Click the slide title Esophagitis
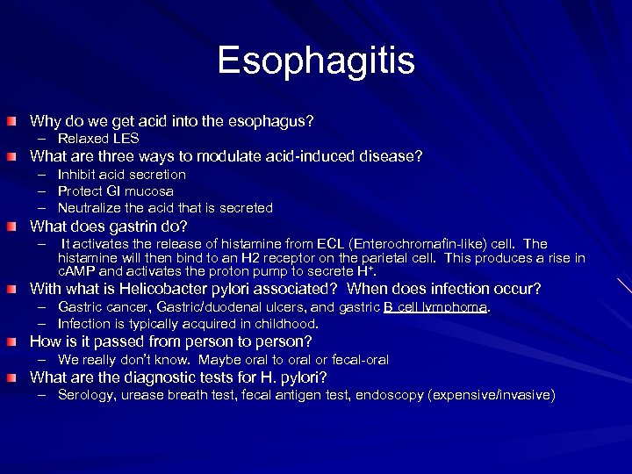(x=316, y=61)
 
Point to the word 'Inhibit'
(x=77, y=175)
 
